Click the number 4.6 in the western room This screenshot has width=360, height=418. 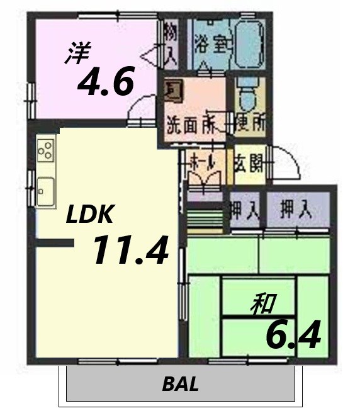point(106,81)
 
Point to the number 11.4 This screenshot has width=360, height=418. point(130,250)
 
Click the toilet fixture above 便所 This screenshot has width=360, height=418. point(247,98)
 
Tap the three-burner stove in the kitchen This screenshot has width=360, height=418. point(45,150)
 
